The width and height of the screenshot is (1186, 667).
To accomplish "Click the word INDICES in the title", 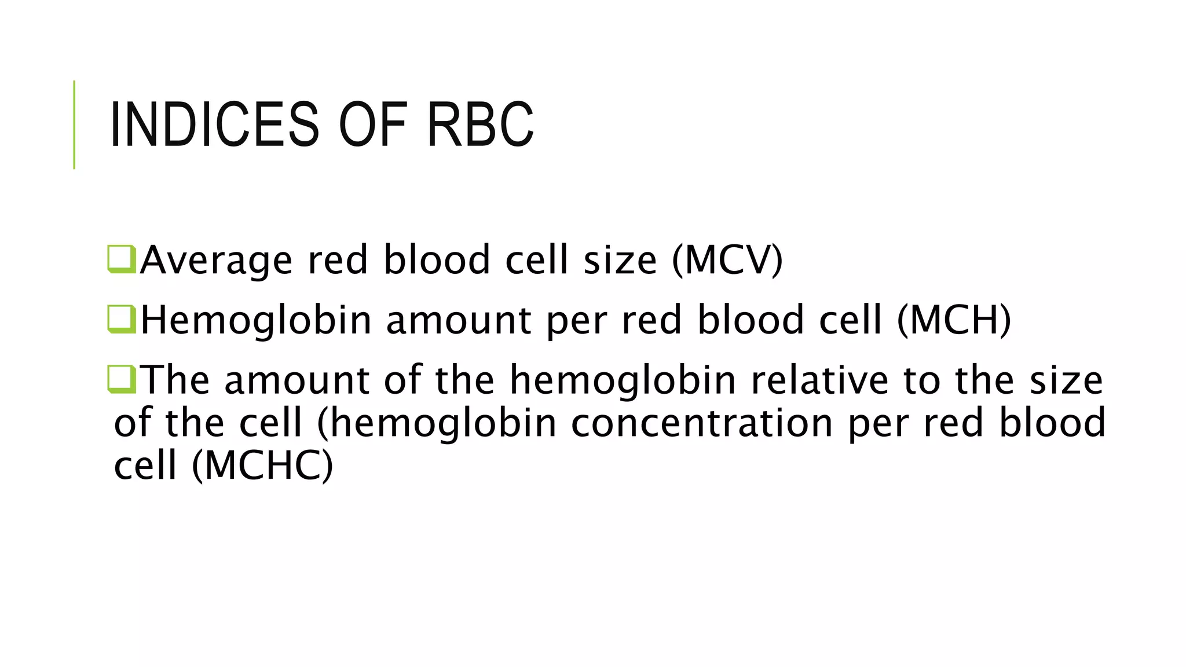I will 214,124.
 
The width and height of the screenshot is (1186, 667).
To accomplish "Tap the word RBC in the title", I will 479,124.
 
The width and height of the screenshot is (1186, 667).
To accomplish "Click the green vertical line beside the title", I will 74,124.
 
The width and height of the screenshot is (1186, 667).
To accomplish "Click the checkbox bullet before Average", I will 122,259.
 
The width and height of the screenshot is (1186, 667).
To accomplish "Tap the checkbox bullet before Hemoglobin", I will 122,320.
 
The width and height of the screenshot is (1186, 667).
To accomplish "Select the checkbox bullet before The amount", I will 122,379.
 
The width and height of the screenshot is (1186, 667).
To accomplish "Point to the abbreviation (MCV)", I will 727,260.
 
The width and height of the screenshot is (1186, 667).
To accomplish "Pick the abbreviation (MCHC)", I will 262,466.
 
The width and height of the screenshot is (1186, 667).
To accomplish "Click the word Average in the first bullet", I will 216,260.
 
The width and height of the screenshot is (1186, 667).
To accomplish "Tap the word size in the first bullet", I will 620,260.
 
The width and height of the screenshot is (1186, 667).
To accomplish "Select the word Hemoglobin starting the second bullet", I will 255,320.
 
